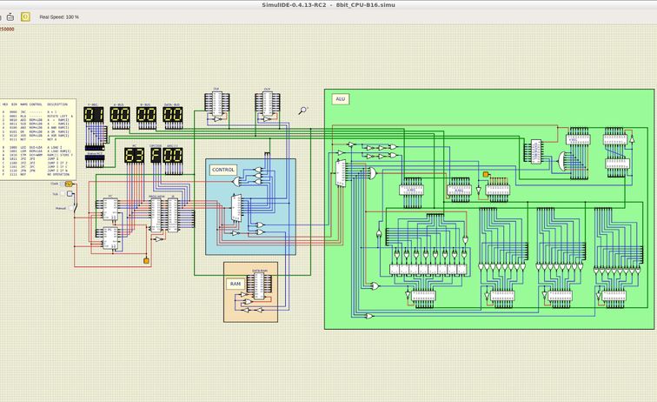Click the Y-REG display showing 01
click(95, 115)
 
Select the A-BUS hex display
click(120, 115)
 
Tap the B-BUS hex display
click(146, 115)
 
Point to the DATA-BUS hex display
click(172, 115)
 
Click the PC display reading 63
click(134, 156)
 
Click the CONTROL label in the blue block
click(223, 170)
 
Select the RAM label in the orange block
click(235, 284)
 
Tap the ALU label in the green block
click(341, 99)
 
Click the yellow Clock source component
click(69, 184)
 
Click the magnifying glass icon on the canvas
click(302, 111)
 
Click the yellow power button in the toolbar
click(25, 17)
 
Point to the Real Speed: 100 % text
click(59, 17)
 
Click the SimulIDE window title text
click(328, 4)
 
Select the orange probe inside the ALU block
click(486, 175)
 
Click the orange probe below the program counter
click(146, 260)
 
